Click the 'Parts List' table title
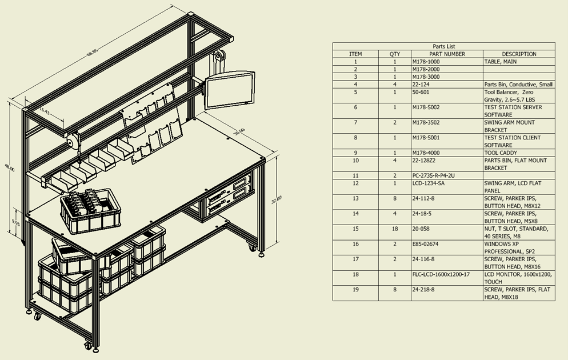(x=444, y=46)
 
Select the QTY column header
(x=394, y=54)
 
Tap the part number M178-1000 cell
(x=426, y=62)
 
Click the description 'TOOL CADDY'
(x=501, y=153)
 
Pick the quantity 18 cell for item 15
(x=394, y=229)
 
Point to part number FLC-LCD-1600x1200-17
(x=441, y=274)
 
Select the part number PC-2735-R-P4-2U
(x=433, y=175)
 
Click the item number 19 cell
(x=355, y=290)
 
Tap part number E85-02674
(x=425, y=244)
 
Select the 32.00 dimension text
(x=277, y=200)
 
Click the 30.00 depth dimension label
(x=239, y=132)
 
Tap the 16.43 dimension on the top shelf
(x=44, y=110)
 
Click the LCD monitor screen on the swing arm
(x=230, y=90)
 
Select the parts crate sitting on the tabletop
(x=90, y=211)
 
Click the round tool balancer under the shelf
(x=72, y=141)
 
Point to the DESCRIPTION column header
(x=519, y=54)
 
